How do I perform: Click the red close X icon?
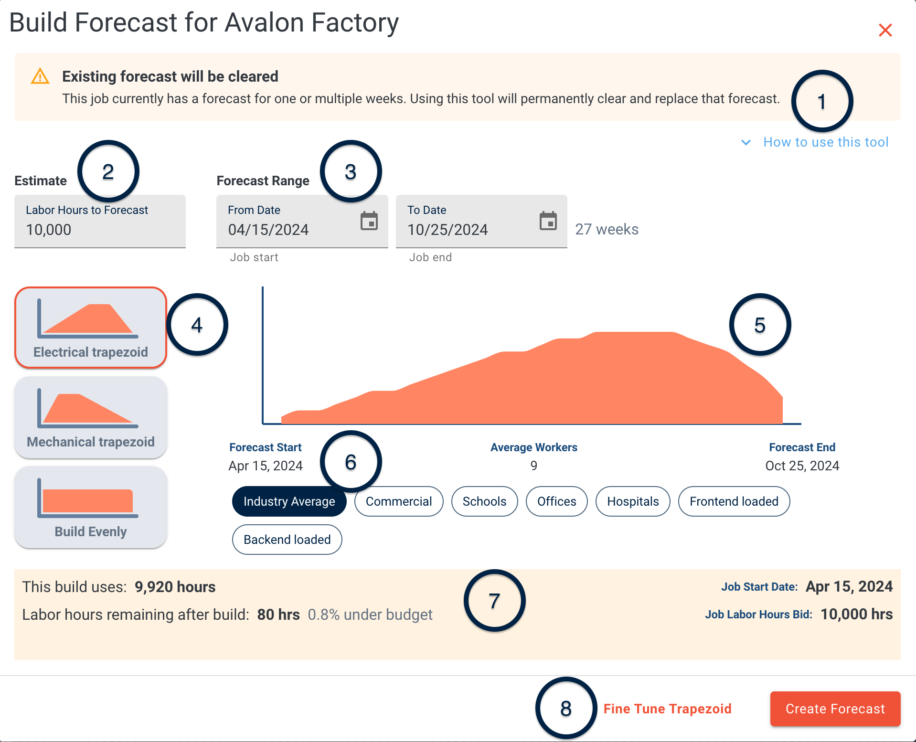[x=885, y=30]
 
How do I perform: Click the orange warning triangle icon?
[x=40, y=76]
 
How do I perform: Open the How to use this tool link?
[x=825, y=142]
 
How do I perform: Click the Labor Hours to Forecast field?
[x=100, y=222]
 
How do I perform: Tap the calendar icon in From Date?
[x=369, y=221]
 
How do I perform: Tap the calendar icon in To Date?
[x=548, y=221]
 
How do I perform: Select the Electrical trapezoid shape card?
[x=91, y=328]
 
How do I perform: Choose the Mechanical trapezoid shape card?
[x=91, y=417]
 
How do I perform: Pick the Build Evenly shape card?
[x=91, y=507]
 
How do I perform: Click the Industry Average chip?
[x=289, y=501]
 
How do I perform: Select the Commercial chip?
[x=399, y=501]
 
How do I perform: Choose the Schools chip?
[x=484, y=501]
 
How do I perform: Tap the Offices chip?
[x=556, y=501]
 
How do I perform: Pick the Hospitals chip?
[x=633, y=501]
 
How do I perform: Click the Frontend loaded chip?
[x=734, y=501]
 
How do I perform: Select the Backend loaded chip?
[x=287, y=540]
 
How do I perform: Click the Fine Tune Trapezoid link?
[x=667, y=709]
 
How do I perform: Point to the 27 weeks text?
[x=607, y=229]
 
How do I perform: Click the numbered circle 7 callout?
[x=494, y=601]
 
